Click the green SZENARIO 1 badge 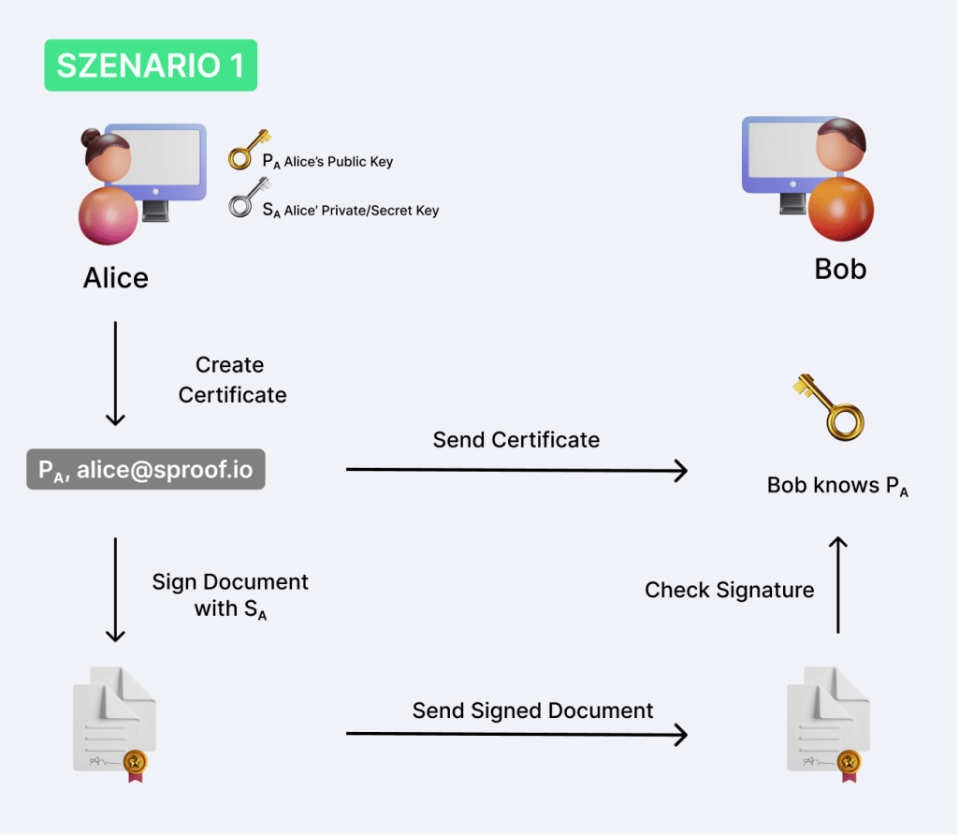click(151, 65)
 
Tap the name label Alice click(116, 278)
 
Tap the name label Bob click(840, 269)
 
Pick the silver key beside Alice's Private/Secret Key click(245, 198)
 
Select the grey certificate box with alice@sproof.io click(145, 471)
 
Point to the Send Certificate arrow click(516, 469)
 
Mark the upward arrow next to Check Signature click(839, 585)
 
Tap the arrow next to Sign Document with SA click(115, 589)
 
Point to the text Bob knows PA click(838, 486)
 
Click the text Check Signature click(729, 590)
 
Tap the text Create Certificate click(232, 379)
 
